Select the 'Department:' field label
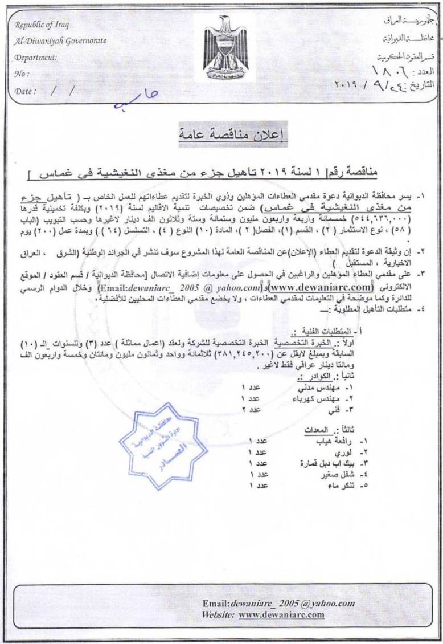click(36, 57)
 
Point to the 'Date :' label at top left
click(26, 91)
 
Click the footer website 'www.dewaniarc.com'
click(281, 614)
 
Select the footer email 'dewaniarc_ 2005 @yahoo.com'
click(293, 604)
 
